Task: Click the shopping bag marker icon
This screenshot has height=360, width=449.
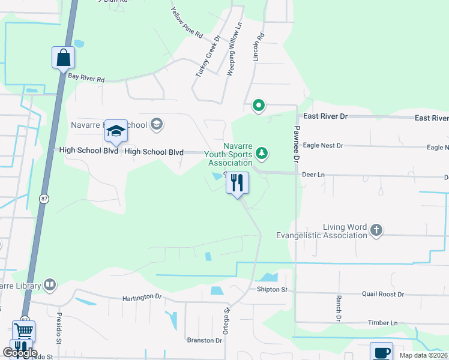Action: click(63, 58)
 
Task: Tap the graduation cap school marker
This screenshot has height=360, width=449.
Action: click(116, 131)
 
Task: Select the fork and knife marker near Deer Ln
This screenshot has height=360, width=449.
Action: click(237, 182)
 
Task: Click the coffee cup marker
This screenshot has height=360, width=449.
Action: click(381, 352)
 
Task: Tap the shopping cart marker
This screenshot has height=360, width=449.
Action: click(23, 331)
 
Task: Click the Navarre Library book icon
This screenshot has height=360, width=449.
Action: click(50, 285)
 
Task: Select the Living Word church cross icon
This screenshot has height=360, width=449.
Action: click(376, 230)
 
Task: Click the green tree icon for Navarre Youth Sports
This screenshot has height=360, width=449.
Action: click(261, 154)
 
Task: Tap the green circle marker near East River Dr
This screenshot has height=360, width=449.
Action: click(259, 106)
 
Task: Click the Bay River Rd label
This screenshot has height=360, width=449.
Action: click(86, 79)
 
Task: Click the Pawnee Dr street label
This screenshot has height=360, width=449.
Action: click(296, 144)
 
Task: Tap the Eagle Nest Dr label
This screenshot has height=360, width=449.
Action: click(323, 146)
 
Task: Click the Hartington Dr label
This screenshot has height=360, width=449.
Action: click(142, 297)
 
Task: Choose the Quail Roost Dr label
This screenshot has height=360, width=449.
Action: click(383, 295)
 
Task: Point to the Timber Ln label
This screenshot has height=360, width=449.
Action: click(383, 323)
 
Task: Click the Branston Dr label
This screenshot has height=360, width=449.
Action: click(204, 340)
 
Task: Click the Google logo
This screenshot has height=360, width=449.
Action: click(20, 353)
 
